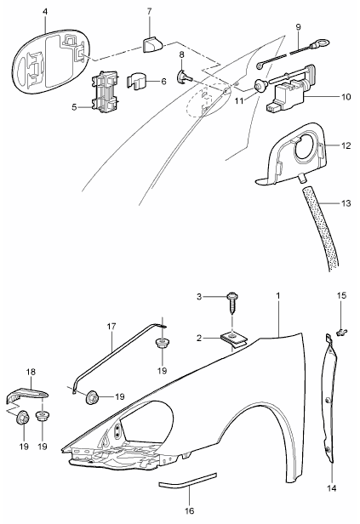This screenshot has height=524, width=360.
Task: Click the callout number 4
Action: click(x=45, y=11)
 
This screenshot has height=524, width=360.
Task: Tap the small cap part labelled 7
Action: click(x=152, y=44)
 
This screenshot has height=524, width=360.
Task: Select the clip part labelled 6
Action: click(x=138, y=82)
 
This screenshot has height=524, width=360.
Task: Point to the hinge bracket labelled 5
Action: click(x=105, y=90)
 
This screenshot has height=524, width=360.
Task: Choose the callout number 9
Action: click(x=298, y=26)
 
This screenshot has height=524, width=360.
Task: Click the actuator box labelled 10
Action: click(x=287, y=96)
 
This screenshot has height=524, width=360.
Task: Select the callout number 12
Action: click(x=346, y=146)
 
